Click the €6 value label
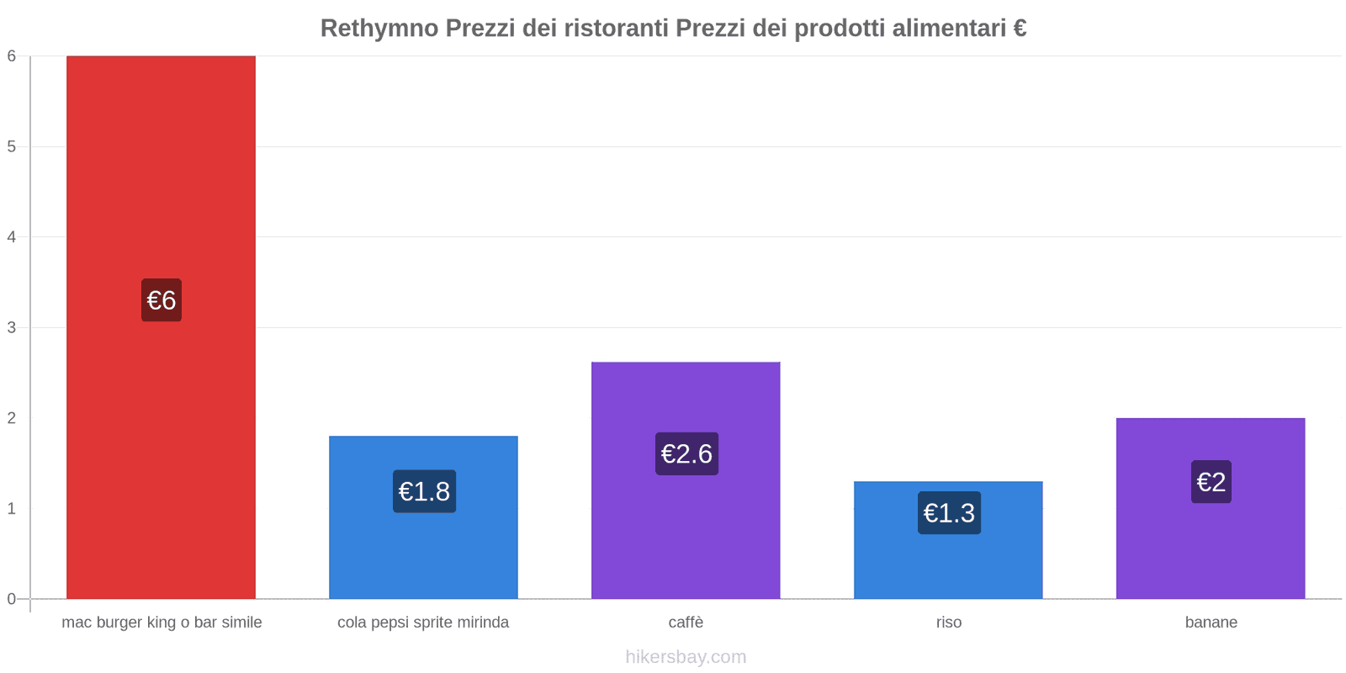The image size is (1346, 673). pos(162,300)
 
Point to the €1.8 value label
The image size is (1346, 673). pos(424,491)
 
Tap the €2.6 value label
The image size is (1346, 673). pos(686,454)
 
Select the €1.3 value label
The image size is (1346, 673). pos(949,513)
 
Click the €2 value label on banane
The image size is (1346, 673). pos(1211,482)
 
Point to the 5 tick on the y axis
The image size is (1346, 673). pos(12,146)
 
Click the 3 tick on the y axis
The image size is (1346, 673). pos(12,327)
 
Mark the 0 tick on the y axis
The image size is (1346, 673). pos(12,599)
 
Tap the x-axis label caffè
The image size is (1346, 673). pos(686,623)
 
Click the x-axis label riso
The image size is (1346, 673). pos(948,623)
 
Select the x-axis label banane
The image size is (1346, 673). pos(1211,623)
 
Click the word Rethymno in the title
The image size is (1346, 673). pos(379,29)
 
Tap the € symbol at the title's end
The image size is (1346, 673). pos(1020,29)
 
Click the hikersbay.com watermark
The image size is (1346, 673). pos(686,657)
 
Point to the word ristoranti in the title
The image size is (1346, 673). pos(616,29)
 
